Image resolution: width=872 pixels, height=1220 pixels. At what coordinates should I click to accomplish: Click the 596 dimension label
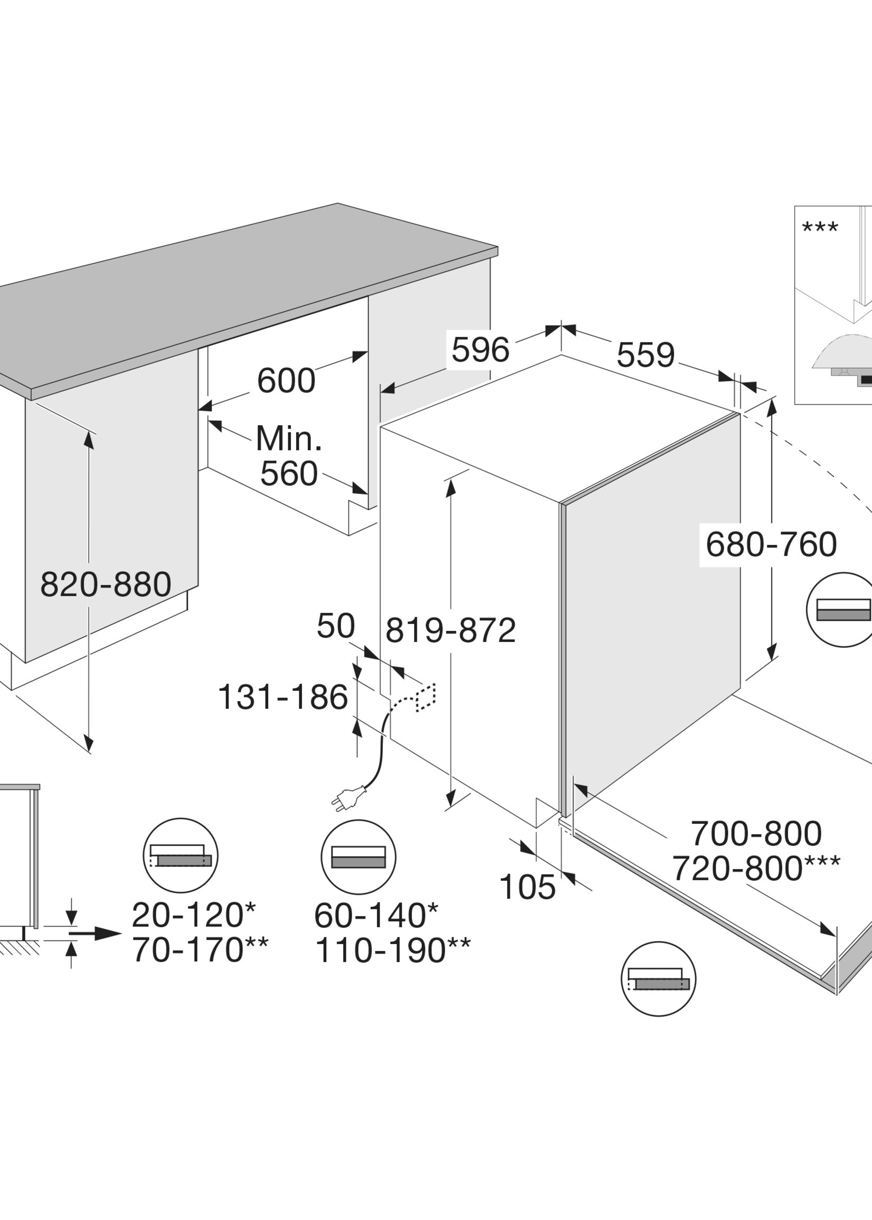pyautogui.click(x=480, y=350)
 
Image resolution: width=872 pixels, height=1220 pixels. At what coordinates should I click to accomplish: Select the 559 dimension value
pyautogui.click(x=646, y=355)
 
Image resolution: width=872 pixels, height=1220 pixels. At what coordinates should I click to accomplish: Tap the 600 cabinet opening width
pyautogui.click(x=286, y=381)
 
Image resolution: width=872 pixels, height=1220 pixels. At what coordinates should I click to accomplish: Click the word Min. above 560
pyautogui.click(x=289, y=438)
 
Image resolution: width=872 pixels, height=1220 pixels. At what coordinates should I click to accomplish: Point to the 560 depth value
pyautogui.click(x=289, y=474)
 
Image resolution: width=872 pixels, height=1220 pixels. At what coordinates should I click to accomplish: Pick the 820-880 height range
pyautogui.click(x=106, y=584)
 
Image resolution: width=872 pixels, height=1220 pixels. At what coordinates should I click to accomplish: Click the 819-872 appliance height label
pyautogui.click(x=450, y=630)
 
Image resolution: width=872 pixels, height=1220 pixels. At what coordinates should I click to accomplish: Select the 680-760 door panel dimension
pyautogui.click(x=771, y=544)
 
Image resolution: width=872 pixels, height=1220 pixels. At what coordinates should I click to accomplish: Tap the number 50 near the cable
pyautogui.click(x=336, y=626)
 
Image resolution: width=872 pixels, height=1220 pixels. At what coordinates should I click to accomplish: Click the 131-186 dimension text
pyautogui.click(x=283, y=697)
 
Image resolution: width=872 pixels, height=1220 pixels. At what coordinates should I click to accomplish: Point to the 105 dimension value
pyautogui.click(x=527, y=887)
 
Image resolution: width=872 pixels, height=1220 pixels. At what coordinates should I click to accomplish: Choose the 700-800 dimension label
pyautogui.click(x=756, y=833)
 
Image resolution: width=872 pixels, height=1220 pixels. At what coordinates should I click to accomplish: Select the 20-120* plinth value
pyautogui.click(x=194, y=915)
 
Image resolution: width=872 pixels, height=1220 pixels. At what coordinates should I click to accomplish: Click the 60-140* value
pyautogui.click(x=376, y=915)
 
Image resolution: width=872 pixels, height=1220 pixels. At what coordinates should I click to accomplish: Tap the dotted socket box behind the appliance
pyautogui.click(x=425, y=698)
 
